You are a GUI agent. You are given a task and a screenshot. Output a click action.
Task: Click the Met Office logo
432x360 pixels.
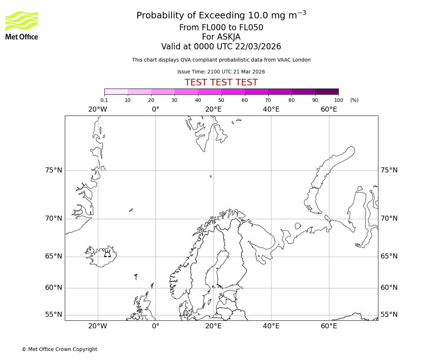click(22, 25)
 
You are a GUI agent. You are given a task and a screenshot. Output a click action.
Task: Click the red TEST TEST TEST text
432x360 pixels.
click(221, 82)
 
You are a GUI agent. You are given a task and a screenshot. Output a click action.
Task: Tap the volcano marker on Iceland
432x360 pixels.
click(107, 254)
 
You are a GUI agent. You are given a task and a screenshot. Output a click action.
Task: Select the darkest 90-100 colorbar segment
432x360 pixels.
click(327, 91)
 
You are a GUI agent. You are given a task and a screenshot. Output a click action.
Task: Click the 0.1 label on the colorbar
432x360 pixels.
click(104, 100)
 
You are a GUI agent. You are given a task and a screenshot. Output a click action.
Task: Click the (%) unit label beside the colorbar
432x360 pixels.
click(354, 100)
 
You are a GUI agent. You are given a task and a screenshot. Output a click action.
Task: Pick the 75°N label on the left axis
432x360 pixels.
click(53, 170)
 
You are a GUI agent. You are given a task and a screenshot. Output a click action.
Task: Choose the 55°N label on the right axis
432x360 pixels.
click(389, 315)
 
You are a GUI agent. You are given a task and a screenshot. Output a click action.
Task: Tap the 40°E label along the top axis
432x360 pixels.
click(271, 109)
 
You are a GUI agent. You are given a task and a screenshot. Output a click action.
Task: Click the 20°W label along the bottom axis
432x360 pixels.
click(98, 326)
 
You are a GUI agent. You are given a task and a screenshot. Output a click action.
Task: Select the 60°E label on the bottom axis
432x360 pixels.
click(329, 326)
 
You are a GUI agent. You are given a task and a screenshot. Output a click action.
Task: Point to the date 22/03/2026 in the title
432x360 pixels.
click(258, 47)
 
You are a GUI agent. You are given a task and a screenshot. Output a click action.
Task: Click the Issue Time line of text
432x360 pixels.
click(221, 72)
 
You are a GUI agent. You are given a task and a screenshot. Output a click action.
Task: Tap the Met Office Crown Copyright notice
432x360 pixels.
click(59, 349)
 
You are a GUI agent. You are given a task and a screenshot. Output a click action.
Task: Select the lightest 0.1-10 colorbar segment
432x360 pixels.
click(116, 91)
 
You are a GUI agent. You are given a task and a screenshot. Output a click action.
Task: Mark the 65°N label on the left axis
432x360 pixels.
click(53, 256)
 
